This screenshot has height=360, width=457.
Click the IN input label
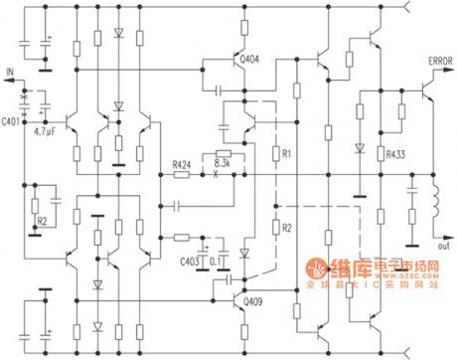[x=11, y=72]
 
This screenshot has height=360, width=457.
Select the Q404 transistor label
[x=250, y=58]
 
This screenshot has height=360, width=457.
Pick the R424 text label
[x=181, y=163]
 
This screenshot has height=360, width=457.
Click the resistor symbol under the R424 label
[x=182, y=176]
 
